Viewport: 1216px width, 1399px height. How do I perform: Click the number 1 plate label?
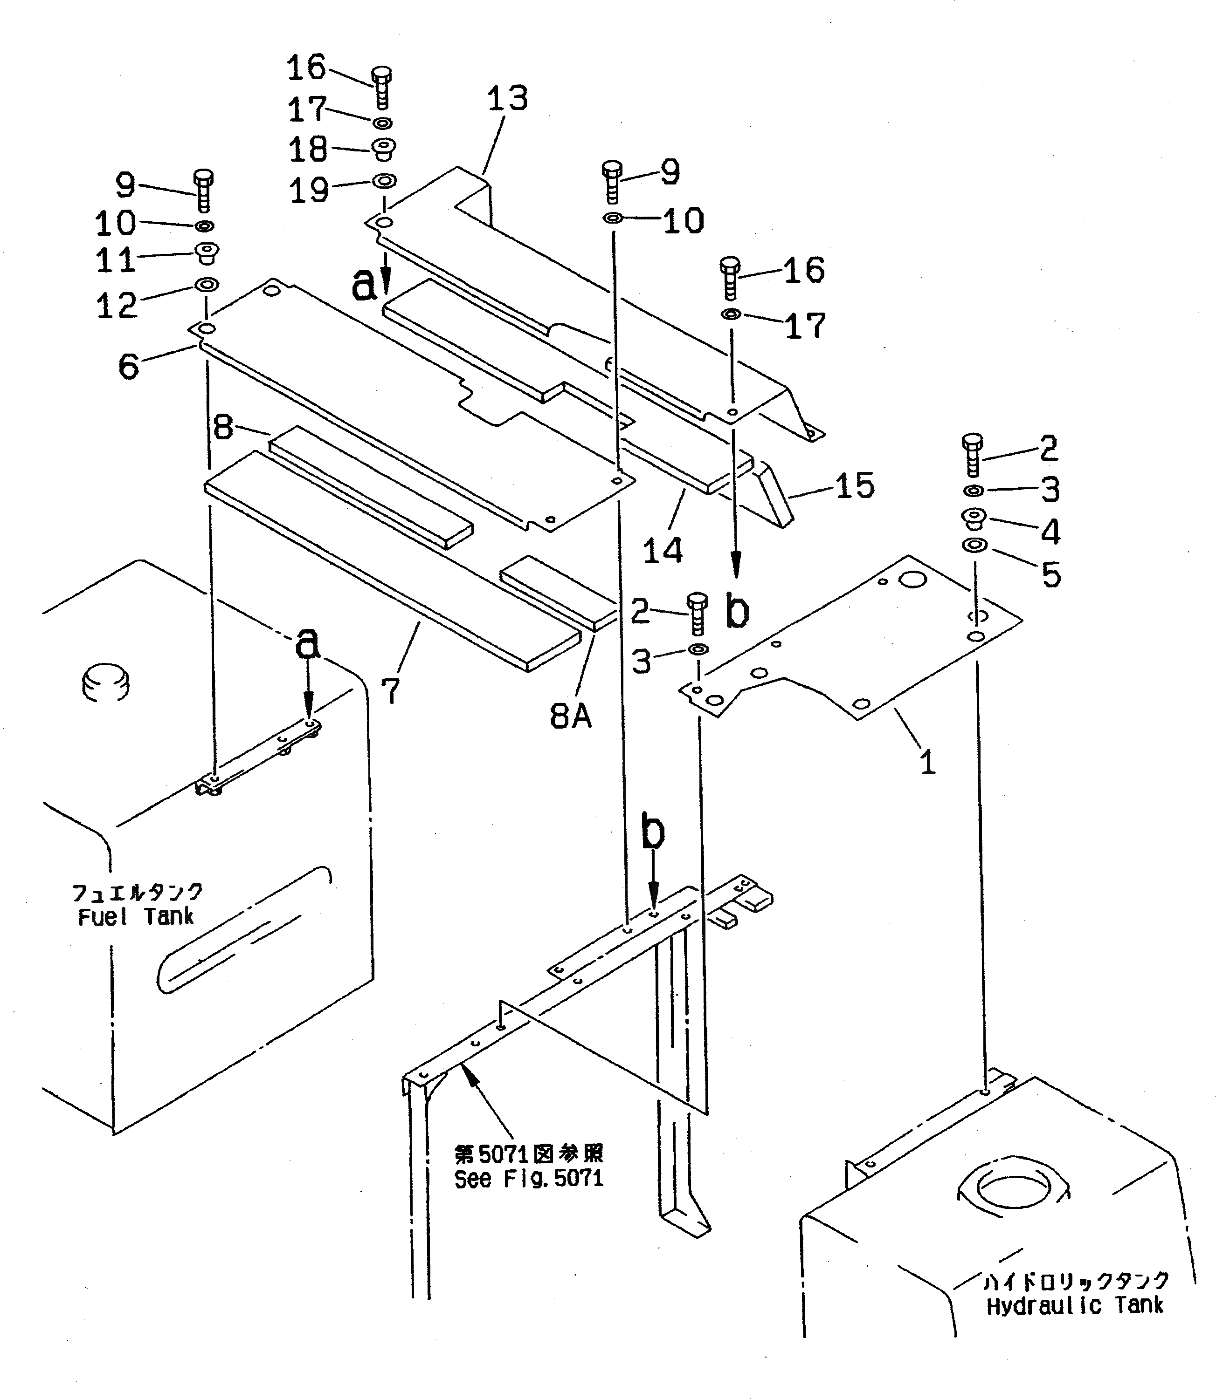click(x=927, y=762)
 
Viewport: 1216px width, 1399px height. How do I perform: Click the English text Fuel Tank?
click(x=136, y=917)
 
